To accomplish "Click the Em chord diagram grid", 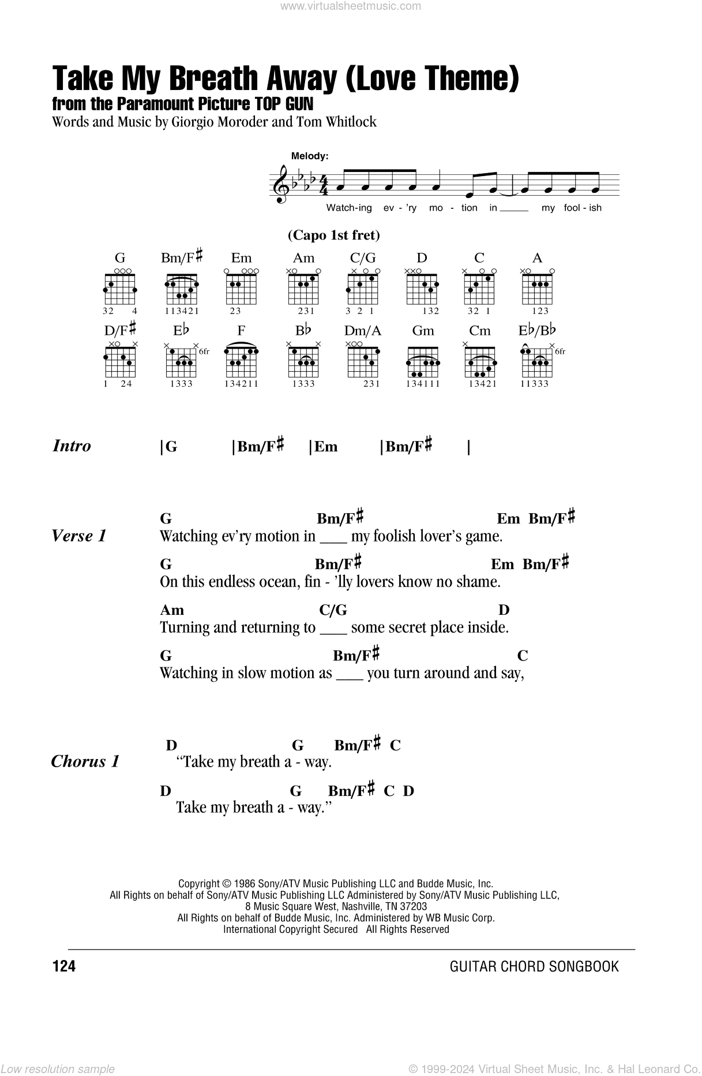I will pyautogui.click(x=242, y=287).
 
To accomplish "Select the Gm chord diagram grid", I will pyautogui.click(x=422, y=360).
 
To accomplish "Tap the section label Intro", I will pyautogui.click(x=72, y=446).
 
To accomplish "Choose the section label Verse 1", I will pyautogui.click(x=79, y=536).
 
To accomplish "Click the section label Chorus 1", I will pyautogui.click(x=85, y=761).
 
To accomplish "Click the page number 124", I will pyautogui.click(x=63, y=966).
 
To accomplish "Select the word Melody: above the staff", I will pyautogui.click(x=309, y=156).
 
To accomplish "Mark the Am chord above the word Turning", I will pyautogui.click(x=171, y=610).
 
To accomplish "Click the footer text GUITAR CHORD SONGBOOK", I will pyautogui.click(x=534, y=966).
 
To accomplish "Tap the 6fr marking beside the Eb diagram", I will pyautogui.click(x=204, y=352).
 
